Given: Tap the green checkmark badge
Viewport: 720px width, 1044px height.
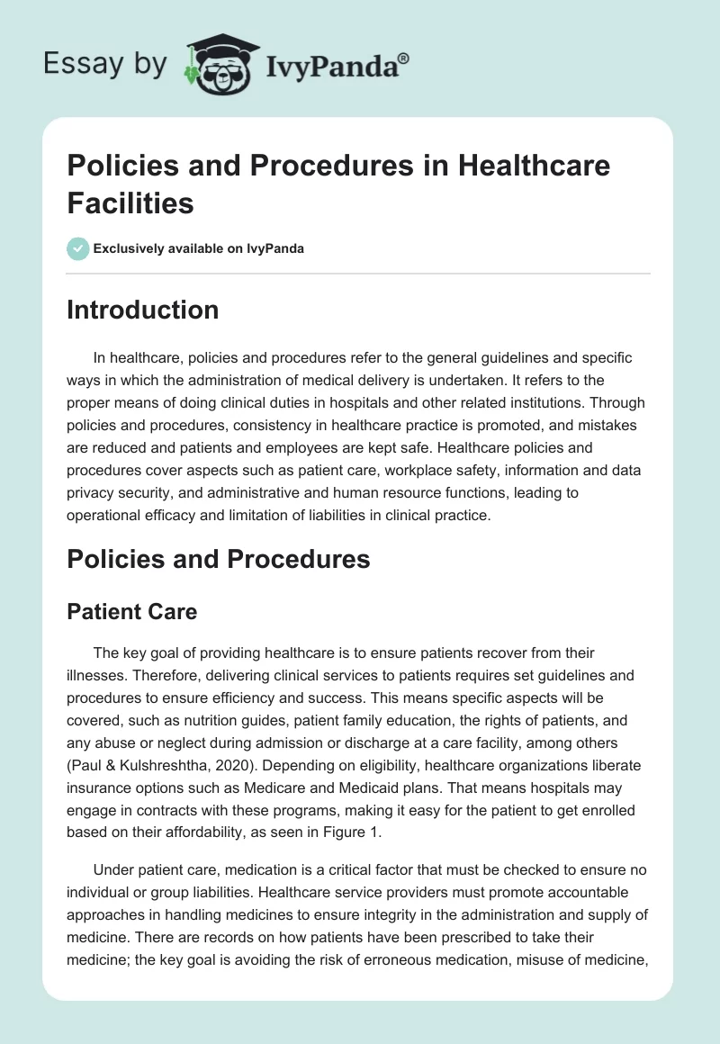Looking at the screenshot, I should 78,248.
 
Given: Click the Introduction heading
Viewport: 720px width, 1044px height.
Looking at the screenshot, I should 143,310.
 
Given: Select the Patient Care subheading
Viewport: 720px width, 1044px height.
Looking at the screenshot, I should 131,611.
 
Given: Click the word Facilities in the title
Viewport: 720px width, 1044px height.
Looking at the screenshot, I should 130,202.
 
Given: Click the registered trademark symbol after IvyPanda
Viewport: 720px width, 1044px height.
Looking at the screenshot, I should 403,58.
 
